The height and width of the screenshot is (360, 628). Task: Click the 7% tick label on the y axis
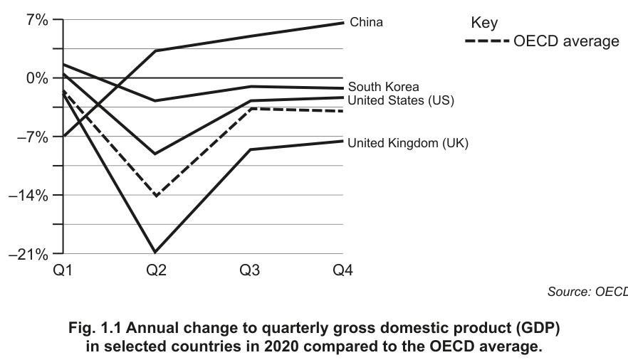point(38,20)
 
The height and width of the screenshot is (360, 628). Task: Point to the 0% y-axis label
point(38,78)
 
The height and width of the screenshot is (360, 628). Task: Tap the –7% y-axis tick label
point(33,137)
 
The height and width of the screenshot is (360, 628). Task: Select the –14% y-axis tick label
point(28,196)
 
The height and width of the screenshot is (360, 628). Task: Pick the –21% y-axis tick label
point(28,254)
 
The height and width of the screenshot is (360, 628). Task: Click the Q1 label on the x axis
point(63,270)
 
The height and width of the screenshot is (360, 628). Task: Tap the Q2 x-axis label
point(156,270)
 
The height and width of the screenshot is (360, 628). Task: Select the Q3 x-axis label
point(249,270)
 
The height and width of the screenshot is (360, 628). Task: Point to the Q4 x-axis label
point(343,270)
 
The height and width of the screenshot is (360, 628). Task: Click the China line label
point(366,22)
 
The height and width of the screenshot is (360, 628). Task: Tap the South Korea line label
point(383,87)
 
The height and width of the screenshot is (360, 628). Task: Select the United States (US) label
point(401,100)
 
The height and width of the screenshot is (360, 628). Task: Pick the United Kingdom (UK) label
point(408,143)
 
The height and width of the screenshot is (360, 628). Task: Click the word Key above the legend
point(484,23)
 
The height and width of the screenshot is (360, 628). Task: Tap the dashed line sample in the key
point(487,41)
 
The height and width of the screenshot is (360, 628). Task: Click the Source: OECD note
point(587,292)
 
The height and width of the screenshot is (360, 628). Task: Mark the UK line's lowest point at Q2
point(155,252)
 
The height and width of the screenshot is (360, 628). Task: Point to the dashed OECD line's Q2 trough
point(156,196)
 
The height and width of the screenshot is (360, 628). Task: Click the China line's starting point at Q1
point(63,137)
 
